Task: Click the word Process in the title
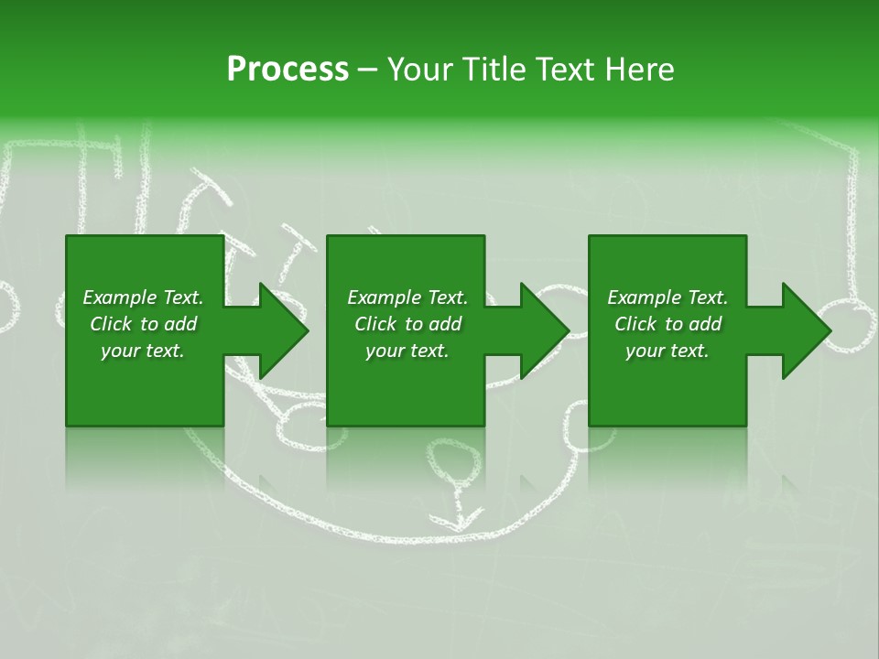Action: click(288, 70)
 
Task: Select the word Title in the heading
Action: click(497, 70)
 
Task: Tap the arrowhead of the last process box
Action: click(806, 330)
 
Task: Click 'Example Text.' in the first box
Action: click(143, 297)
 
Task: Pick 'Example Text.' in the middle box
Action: click(407, 297)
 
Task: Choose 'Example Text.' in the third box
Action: click(667, 297)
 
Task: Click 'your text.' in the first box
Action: click(143, 351)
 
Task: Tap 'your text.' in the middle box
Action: click(407, 351)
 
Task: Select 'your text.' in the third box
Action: click(667, 351)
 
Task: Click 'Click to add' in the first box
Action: click(143, 324)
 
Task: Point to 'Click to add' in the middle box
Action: click(407, 324)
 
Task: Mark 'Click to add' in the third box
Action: click(667, 324)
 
